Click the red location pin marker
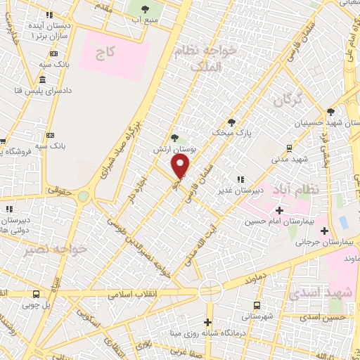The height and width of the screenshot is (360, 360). tap(181, 166)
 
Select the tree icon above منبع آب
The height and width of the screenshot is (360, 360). tap(146, 9)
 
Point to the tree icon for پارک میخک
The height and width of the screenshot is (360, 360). tap(231, 121)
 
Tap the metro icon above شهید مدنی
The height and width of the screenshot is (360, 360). tap(289, 148)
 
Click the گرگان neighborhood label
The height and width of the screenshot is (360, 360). tap(288, 101)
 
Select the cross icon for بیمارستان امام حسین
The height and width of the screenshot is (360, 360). tap(279, 210)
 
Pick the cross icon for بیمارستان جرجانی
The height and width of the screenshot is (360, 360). tap(324, 230)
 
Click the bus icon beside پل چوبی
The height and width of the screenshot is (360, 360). tap(37, 295)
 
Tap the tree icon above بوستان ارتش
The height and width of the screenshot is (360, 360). tap(174, 138)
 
